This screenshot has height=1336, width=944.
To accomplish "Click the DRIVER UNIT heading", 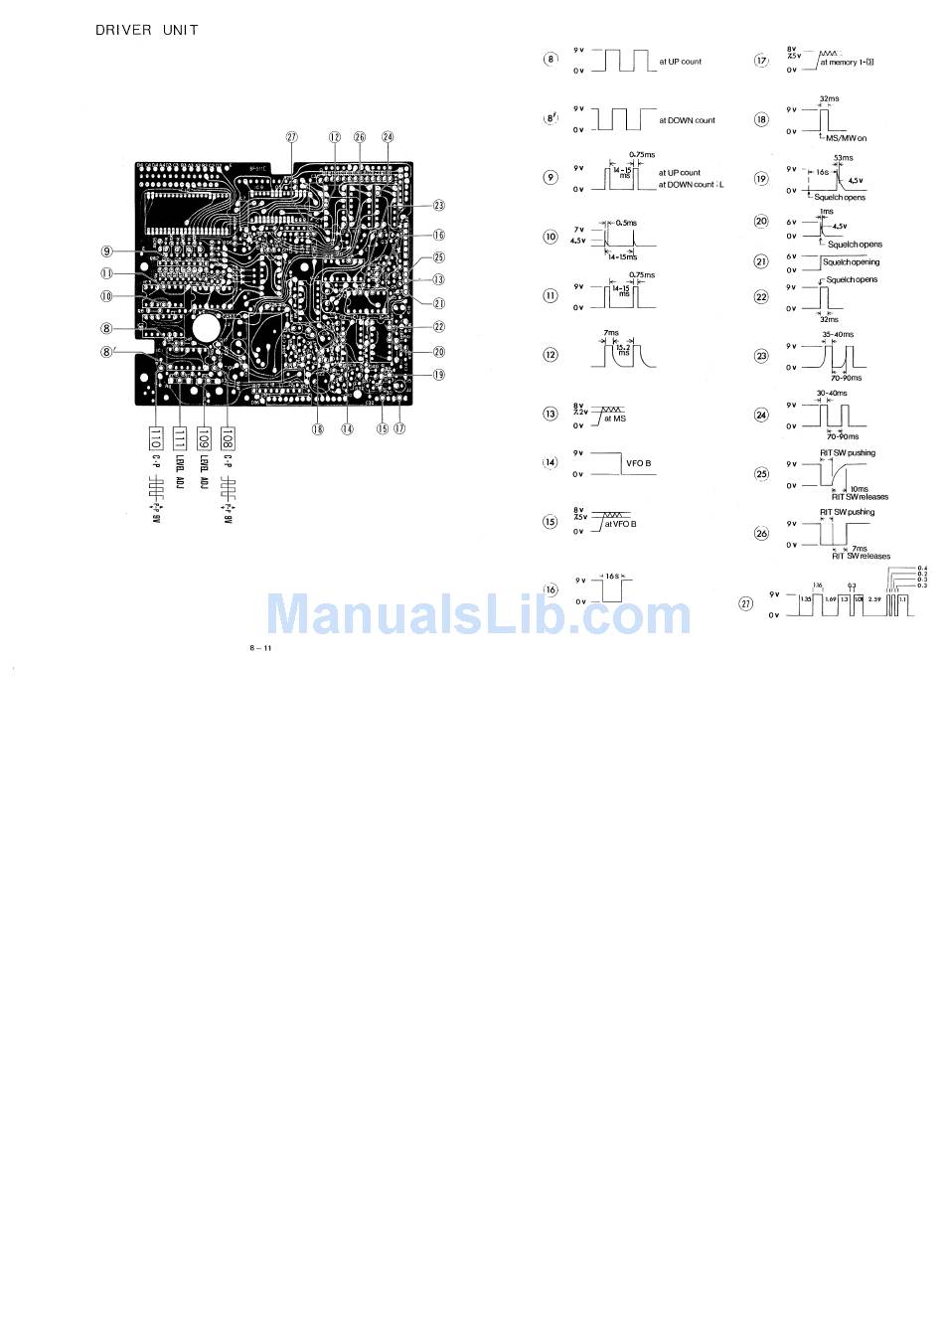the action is click(x=146, y=30).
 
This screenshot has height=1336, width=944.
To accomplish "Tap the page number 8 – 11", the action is click(x=261, y=648).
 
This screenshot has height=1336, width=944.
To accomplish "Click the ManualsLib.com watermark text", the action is click(x=478, y=613).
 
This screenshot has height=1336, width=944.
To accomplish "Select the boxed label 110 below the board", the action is click(x=155, y=437).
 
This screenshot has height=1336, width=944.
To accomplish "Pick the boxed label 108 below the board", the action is click(x=228, y=437).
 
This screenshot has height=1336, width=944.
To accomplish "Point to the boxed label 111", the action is click(x=179, y=437).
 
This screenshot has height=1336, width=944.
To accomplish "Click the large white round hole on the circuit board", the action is click(x=208, y=327).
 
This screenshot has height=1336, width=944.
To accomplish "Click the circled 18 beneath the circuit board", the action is click(x=317, y=429).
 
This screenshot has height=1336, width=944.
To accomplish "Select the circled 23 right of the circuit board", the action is click(x=438, y=206).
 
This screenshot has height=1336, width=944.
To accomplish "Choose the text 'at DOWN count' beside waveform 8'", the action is click(x=687, y=120).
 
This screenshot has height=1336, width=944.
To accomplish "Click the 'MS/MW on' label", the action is click(x=846, y=138).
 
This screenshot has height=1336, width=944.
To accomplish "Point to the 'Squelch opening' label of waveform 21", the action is click(x=853, y=262).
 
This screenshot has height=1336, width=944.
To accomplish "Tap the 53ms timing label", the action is click(x=843, y=158).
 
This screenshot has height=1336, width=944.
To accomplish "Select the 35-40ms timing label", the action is click(x=838, y=335).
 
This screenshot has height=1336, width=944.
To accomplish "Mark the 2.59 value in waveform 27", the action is click(x=874, y=599).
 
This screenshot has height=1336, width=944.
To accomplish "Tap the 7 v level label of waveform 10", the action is click(x=578, y=230).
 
